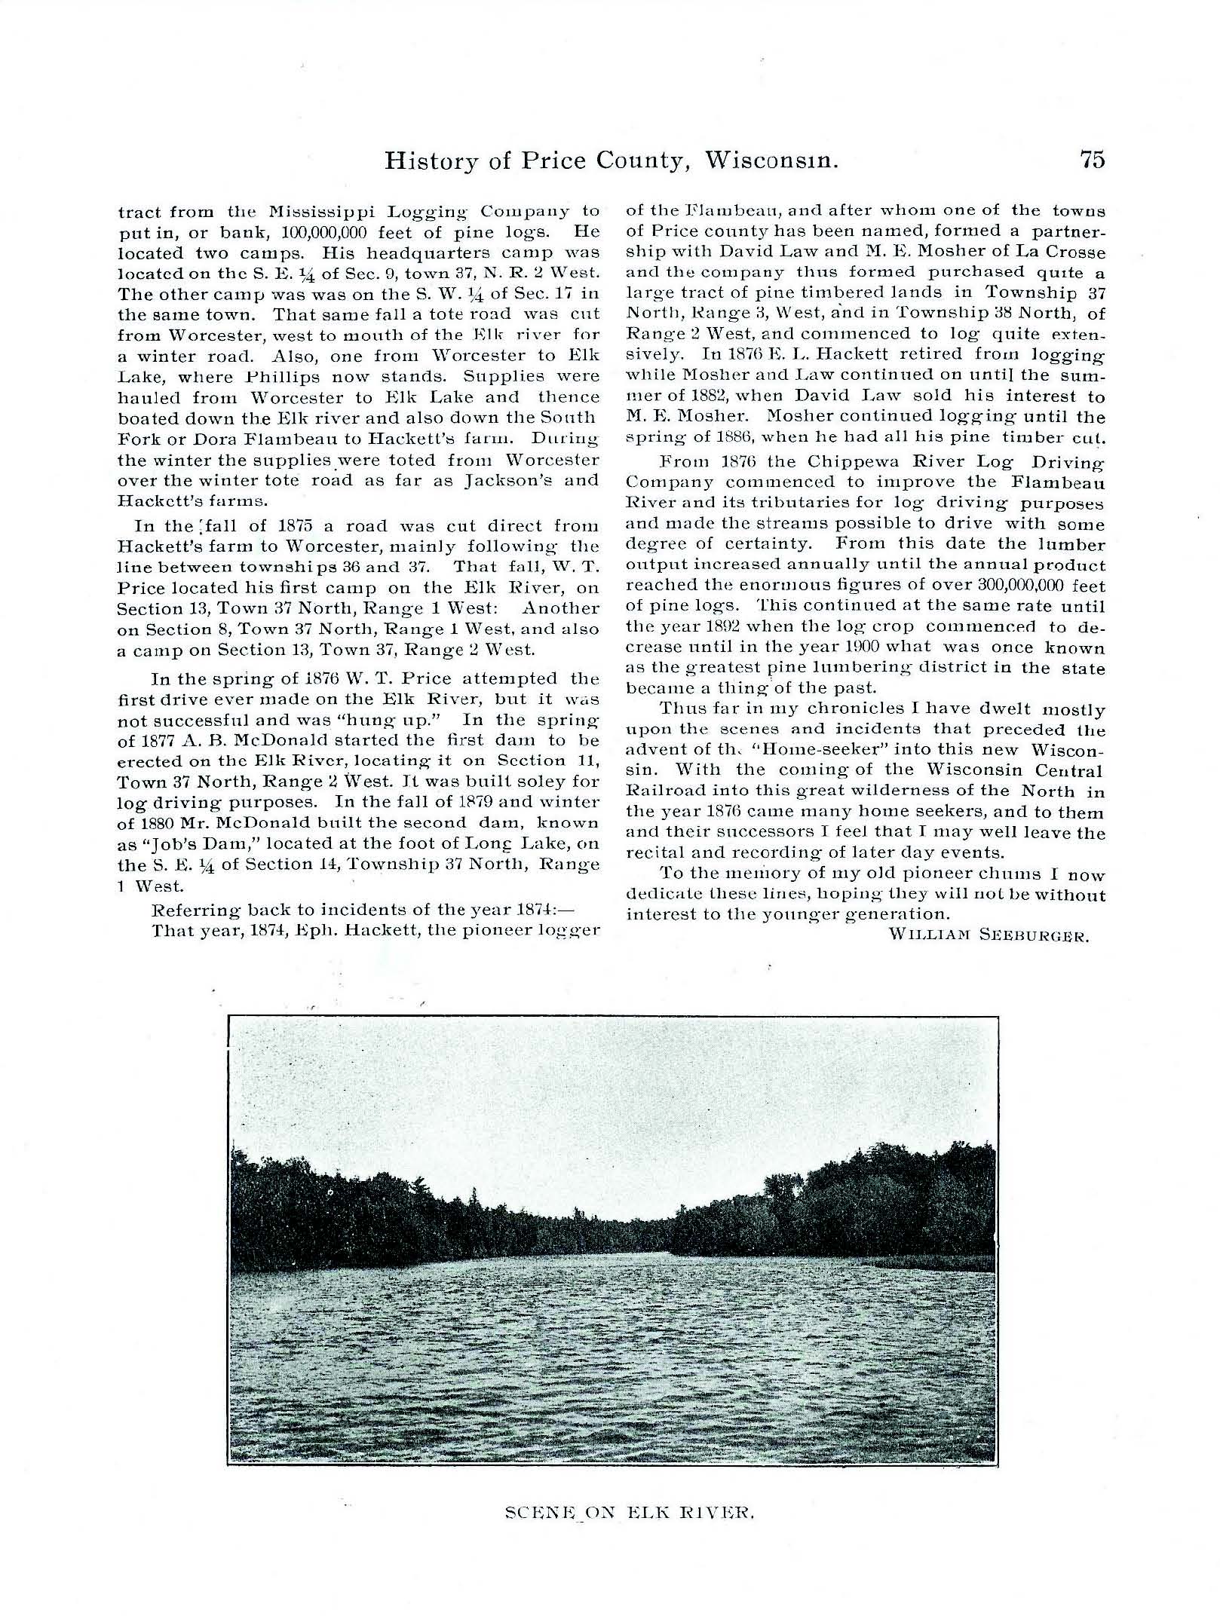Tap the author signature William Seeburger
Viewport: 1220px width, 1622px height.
989,935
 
